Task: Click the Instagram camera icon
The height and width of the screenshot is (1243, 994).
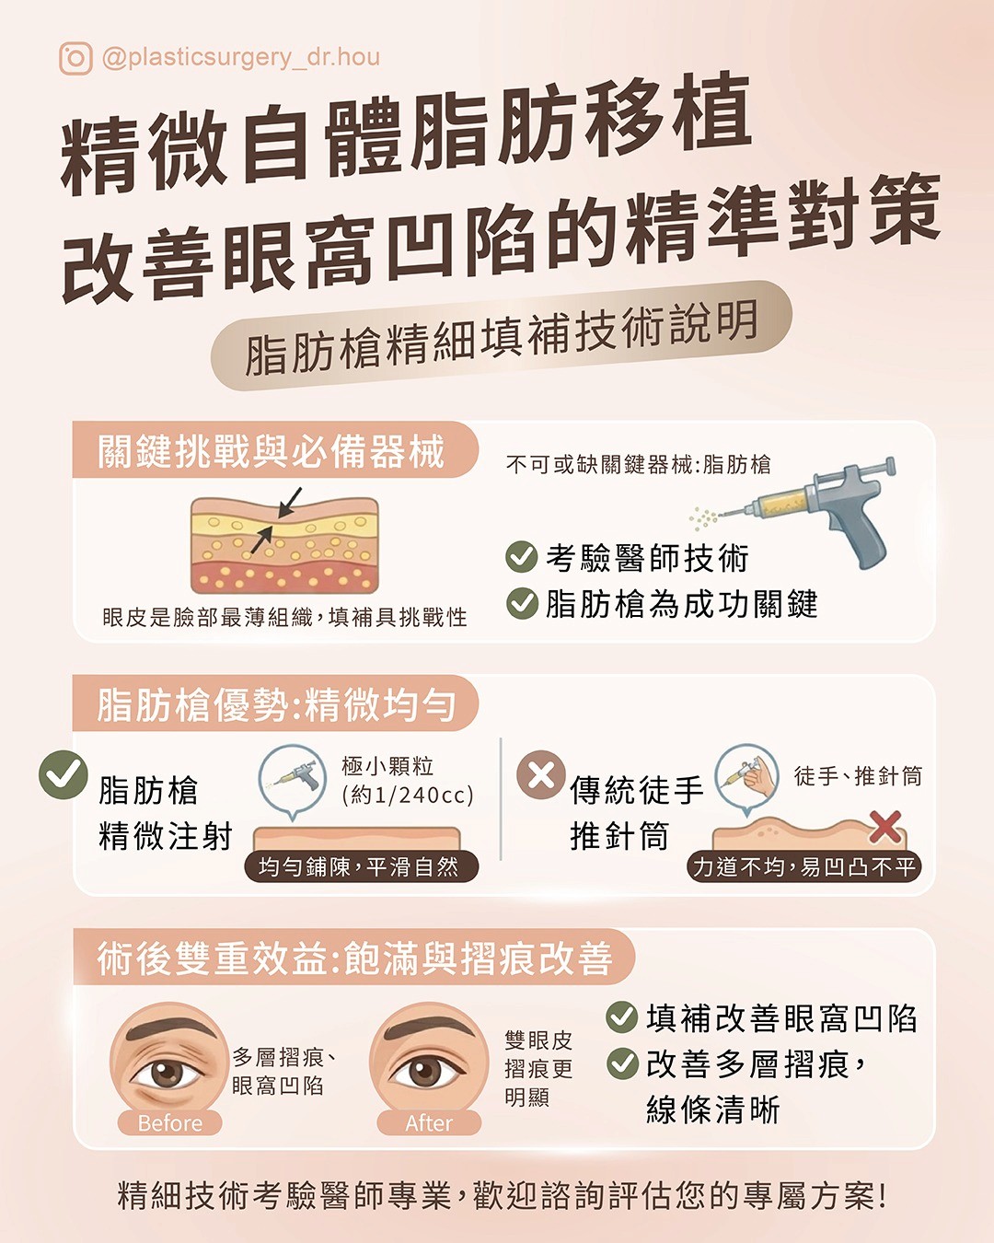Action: pos(75,58)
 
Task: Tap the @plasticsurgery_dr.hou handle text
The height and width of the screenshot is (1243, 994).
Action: pos(241,58)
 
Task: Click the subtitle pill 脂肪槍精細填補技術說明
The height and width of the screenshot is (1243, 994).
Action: pos(501,335)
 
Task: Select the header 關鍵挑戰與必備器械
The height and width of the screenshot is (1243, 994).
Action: pos(271,451)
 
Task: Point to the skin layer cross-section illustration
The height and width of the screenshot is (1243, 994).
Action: pos(284,545)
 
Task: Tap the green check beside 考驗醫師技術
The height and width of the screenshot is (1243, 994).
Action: pos(522,557)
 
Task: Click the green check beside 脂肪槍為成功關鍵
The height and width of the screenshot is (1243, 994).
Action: pos(522,603)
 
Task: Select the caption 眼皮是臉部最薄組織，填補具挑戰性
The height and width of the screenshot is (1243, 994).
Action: pos(284,618)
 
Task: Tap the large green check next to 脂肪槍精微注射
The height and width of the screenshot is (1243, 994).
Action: pos(64,774)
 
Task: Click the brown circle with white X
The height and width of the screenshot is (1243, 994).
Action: pos(541,774)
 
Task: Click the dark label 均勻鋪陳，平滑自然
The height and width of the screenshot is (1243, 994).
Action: pos(361,866)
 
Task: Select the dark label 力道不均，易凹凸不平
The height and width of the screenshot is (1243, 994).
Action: pos(804,866)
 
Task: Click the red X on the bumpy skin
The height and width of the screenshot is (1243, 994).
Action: pos(884,827)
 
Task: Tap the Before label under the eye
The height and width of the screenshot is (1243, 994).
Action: pos(169,1123)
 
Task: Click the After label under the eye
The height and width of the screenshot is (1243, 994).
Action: pos(429,1123)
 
